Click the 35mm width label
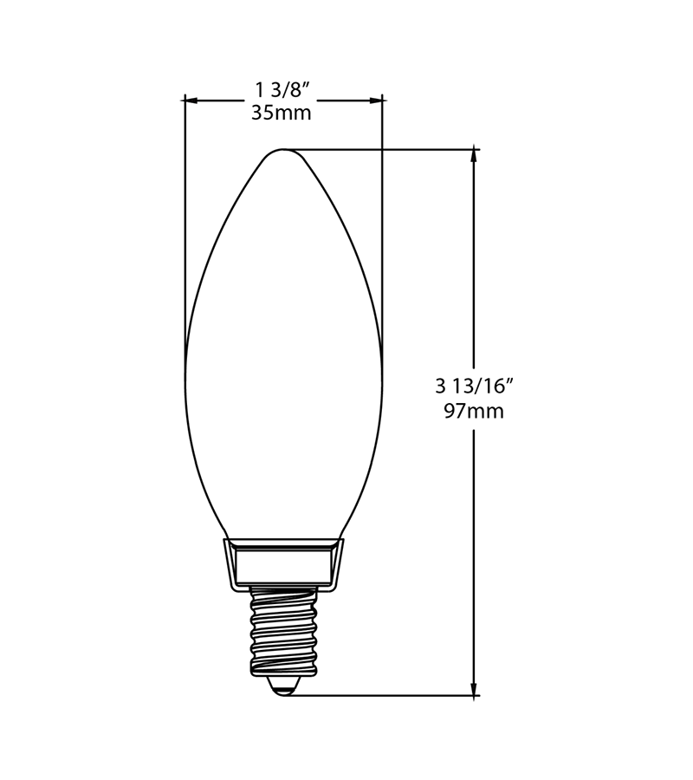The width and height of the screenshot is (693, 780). coord(281,113)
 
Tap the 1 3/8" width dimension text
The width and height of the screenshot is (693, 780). coord(282,90)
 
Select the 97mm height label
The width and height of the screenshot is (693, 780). coord(474,412)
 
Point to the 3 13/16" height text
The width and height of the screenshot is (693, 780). coord(474,387)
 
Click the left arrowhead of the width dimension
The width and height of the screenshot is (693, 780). coord(191,101)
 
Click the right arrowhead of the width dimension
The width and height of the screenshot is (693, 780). coord(375,101)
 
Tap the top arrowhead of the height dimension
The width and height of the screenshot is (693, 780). coord(474,156)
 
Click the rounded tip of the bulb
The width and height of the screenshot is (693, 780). coord(283,150)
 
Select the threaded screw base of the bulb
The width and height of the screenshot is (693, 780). coord(284,631)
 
